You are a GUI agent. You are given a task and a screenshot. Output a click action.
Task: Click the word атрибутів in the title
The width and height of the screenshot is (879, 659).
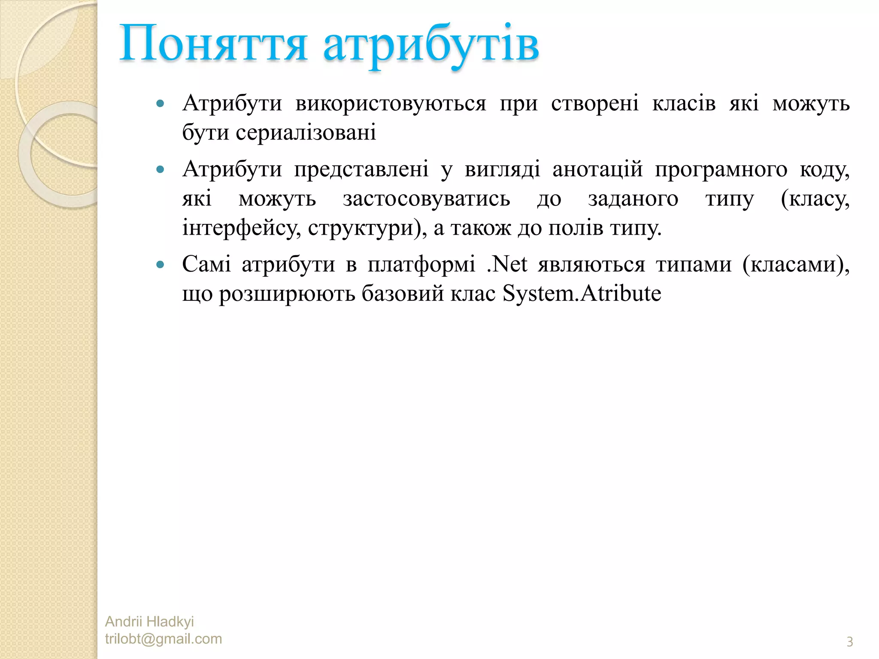431,45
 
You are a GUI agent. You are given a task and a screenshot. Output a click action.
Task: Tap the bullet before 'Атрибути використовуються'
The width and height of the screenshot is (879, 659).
161,103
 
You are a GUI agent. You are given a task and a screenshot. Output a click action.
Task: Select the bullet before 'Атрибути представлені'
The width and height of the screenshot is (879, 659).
161,169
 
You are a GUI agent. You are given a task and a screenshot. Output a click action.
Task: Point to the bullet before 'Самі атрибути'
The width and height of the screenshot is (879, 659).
161,265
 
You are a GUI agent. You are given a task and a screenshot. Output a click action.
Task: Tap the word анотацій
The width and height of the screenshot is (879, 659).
597,169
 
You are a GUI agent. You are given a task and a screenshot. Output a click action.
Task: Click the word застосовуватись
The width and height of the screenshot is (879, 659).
427,199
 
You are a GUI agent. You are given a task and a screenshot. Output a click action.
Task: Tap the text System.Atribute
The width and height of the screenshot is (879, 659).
582,294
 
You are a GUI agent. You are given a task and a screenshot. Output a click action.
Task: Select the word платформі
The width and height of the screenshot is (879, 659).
421,265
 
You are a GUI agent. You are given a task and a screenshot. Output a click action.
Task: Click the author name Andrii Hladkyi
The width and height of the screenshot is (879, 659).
149,621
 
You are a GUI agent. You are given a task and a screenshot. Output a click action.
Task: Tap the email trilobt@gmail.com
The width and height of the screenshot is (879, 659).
164,639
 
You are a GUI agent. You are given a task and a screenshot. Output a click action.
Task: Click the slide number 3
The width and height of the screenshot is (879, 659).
849,642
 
